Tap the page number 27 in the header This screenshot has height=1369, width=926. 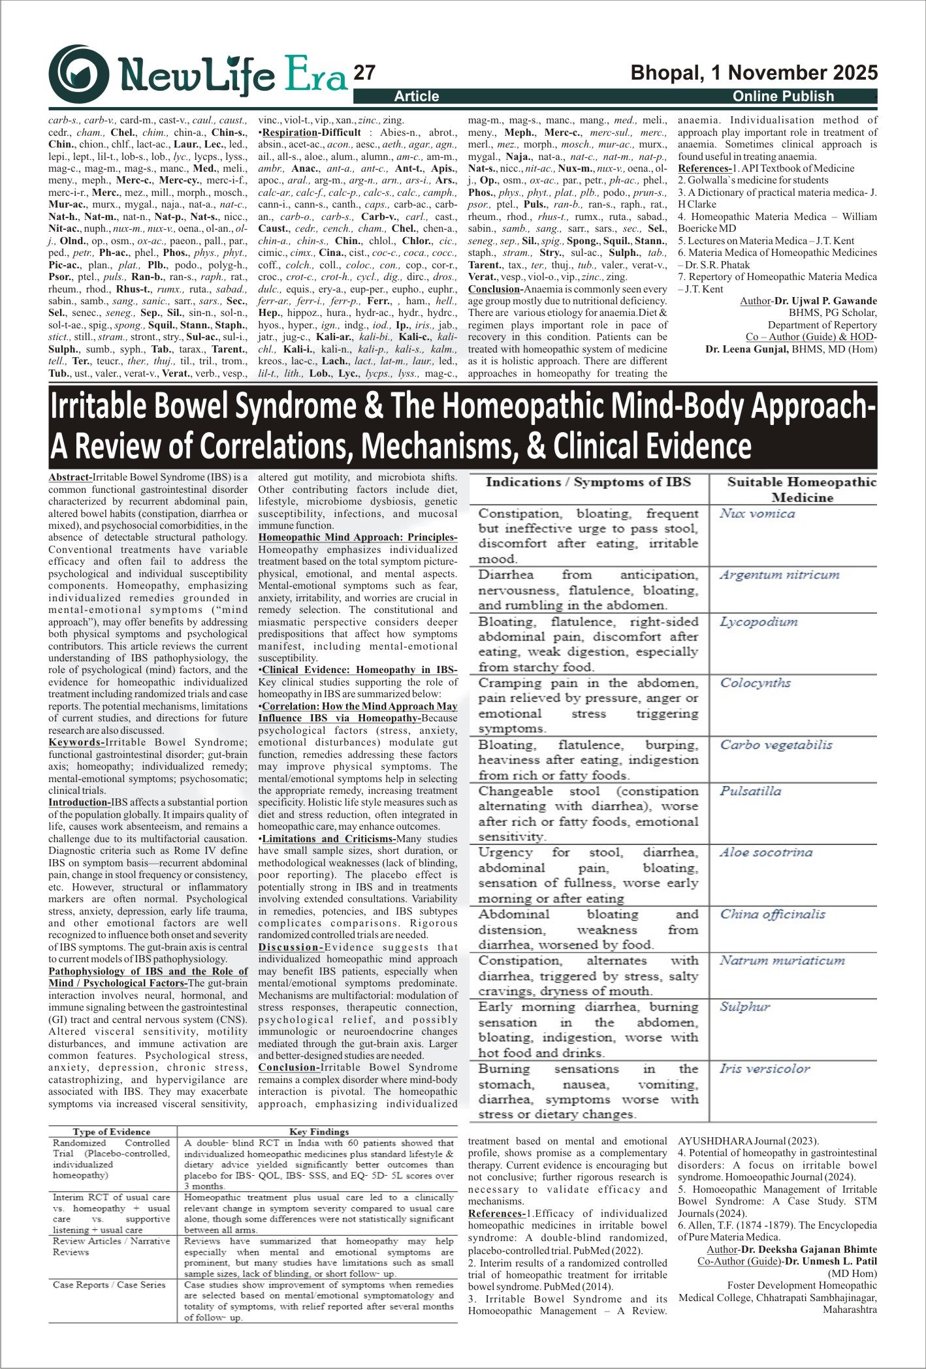364,72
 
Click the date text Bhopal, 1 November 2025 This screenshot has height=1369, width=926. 754,72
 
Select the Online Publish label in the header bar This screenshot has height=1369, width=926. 783,97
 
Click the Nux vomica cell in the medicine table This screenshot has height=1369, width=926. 758,514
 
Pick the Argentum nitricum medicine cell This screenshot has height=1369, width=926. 779,575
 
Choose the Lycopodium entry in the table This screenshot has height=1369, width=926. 758,622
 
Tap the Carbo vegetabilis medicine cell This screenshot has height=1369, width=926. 776,745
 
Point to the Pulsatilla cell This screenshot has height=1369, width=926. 750,791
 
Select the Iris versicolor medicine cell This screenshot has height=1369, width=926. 764,1069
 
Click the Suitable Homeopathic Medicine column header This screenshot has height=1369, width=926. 802,490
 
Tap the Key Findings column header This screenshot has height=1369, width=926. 319,1131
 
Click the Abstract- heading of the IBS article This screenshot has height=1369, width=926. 71,477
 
